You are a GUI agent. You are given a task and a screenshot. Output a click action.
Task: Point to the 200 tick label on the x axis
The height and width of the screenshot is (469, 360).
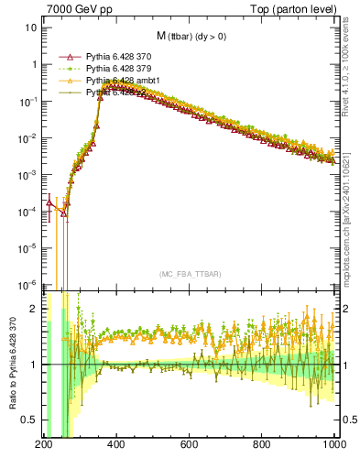[43, 446]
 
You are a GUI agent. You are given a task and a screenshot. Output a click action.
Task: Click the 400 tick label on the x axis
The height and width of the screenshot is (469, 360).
[116, 446]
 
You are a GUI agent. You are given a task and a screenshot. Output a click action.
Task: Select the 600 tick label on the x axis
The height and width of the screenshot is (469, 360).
[190, 446]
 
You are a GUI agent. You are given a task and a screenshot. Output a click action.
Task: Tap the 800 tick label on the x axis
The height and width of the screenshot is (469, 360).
[263, 446]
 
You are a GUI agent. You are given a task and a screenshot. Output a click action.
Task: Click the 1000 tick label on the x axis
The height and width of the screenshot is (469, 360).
[333, 446]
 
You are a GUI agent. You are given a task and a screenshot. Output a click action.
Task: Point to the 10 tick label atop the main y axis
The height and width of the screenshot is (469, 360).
[30, 27]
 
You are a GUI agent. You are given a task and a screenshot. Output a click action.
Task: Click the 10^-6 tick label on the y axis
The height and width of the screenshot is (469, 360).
[27, 284]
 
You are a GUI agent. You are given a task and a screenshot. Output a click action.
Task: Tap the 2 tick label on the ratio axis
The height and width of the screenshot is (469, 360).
[33, 309]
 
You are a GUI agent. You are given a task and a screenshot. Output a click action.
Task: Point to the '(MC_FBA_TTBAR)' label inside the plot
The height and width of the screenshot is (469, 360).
[190, 274]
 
